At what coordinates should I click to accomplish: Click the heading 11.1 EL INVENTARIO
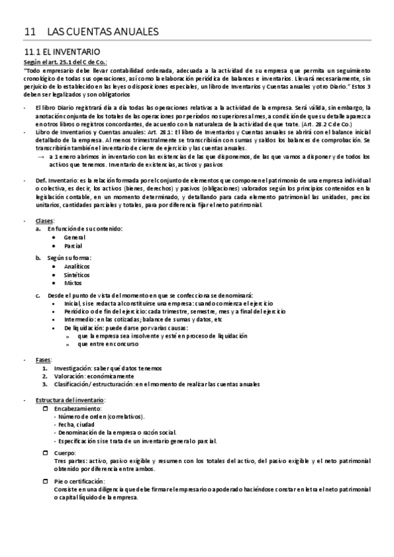tap(62, 51)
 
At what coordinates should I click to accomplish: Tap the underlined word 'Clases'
tap(44, 220)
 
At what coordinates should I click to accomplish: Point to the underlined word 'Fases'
tap(43, 360)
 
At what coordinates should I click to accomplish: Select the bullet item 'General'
tap(74, 236)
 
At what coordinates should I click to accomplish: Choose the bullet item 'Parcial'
tap(73, 245)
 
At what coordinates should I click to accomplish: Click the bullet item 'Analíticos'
tap(77, 267)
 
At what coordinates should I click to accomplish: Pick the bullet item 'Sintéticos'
tap(77, 276)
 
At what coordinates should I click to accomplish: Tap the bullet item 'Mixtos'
tap(73, 284)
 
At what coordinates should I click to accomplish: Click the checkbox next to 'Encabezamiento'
tap(45, 409)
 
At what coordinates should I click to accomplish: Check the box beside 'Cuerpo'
tap(45, 453)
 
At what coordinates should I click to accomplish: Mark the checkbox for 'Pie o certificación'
tap(45, 481)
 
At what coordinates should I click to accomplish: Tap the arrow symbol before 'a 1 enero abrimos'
tap(41, 157)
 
